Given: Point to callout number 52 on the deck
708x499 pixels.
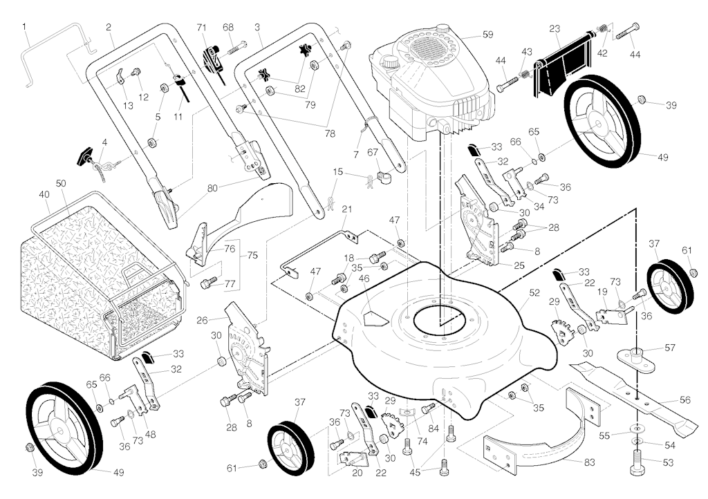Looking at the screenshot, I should (x=534, y=293).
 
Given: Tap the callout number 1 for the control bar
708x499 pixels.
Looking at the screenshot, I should (x=25, y=27).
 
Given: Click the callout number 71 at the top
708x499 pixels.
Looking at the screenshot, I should (x=202, y=28).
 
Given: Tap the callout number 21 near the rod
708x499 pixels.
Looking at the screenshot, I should (x=346, y=209).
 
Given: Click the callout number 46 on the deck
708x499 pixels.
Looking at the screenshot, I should (x=364, y=279).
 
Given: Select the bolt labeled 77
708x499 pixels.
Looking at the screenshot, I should (x=208, y=283).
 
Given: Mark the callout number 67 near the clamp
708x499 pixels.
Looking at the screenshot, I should (x=373, y=152).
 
